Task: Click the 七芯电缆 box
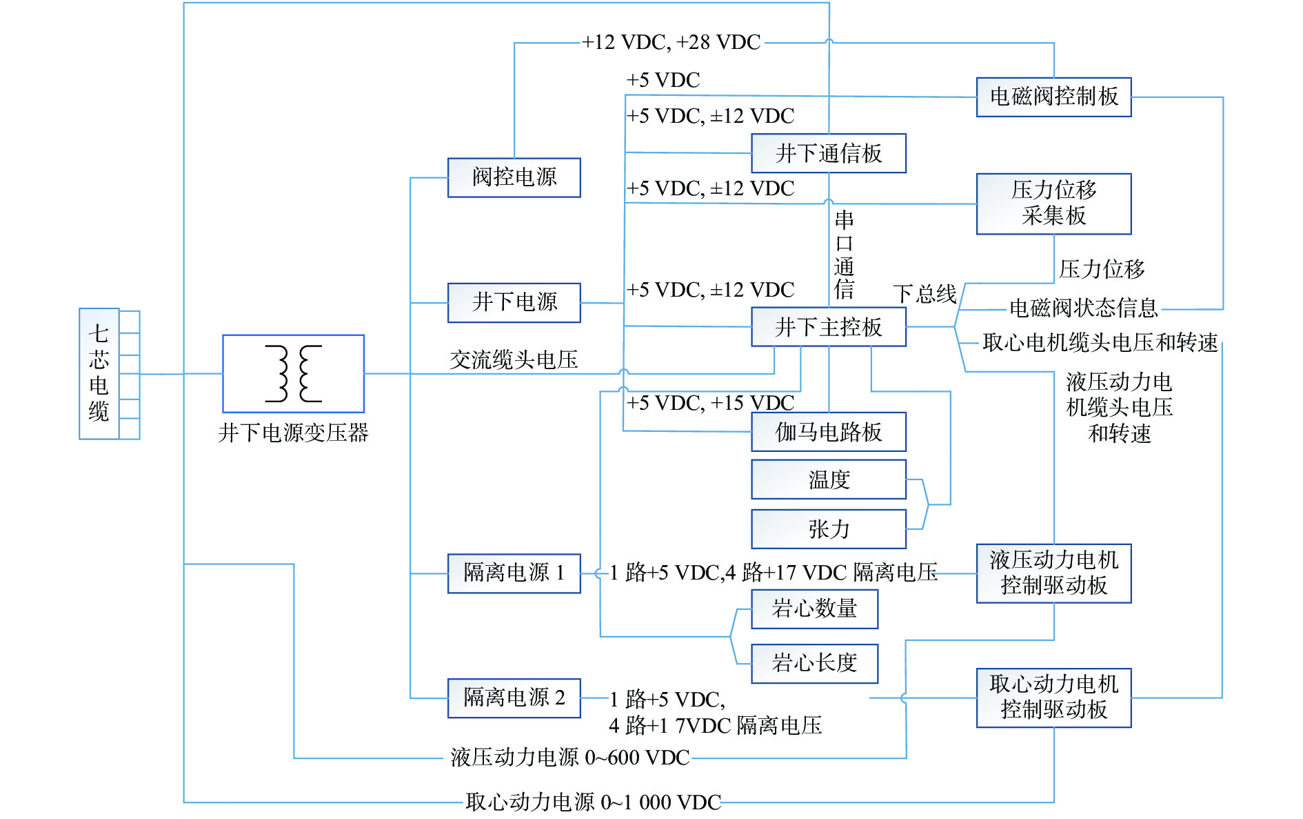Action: [99, 373]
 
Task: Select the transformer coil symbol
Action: [293, 373]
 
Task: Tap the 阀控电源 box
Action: [514, 177]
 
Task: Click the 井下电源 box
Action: [514, 302]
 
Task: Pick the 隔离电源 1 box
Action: [514, 573]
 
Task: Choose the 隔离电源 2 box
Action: [514, 698]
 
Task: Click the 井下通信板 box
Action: [828, 153]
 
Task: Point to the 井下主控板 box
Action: [828, 326]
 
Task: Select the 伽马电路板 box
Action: [828, 432]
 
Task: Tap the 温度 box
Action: [828, 480]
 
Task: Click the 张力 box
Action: [828, 529]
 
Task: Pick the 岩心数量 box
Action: [814, 609]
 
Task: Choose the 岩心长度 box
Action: [814, 663]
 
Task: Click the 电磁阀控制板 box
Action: [1053, 97]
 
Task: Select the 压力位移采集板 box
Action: [1053, 204]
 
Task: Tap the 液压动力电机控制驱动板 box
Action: [1053, 573]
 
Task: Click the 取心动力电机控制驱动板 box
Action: [1053, 697]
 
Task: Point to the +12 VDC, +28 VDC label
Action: [671, 43]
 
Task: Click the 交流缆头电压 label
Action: [514, 359]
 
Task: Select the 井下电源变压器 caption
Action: [293, 433]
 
